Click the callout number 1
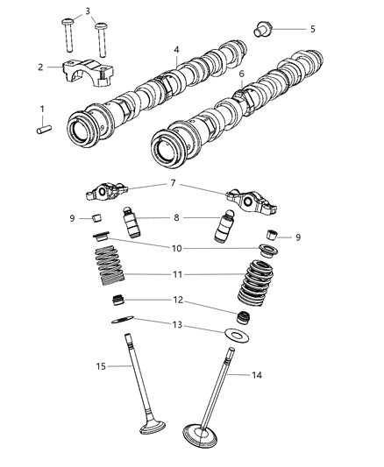click(x=41, y=109)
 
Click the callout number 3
click(x=86, y=11)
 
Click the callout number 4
click(x=177, y=51)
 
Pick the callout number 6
click(x=241, y=75)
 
